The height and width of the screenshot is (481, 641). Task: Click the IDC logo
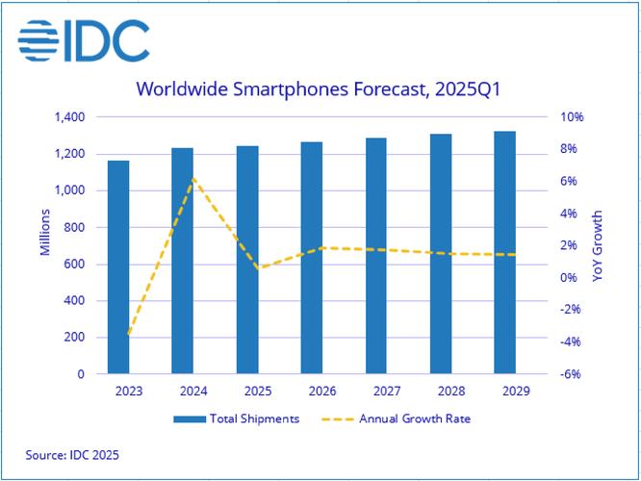[84, 39]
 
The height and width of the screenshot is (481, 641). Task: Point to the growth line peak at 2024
[193, 177]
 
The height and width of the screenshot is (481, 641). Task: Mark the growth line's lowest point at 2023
[129, 335]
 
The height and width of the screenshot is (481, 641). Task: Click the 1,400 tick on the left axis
[70, 117]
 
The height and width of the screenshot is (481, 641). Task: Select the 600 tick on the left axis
[75, 264]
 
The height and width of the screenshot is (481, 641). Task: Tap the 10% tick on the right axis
[572, 117]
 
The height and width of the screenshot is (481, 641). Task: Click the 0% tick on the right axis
[570, 278]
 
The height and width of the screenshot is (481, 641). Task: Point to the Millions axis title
[45, 233]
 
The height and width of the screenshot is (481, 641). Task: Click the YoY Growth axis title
[597, 246]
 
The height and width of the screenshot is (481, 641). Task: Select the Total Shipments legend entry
[237, 418]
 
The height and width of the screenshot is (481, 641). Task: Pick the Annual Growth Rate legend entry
[400, 418]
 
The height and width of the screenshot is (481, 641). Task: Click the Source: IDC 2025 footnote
[72, 453]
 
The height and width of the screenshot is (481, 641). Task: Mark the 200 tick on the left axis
[75, 338]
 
